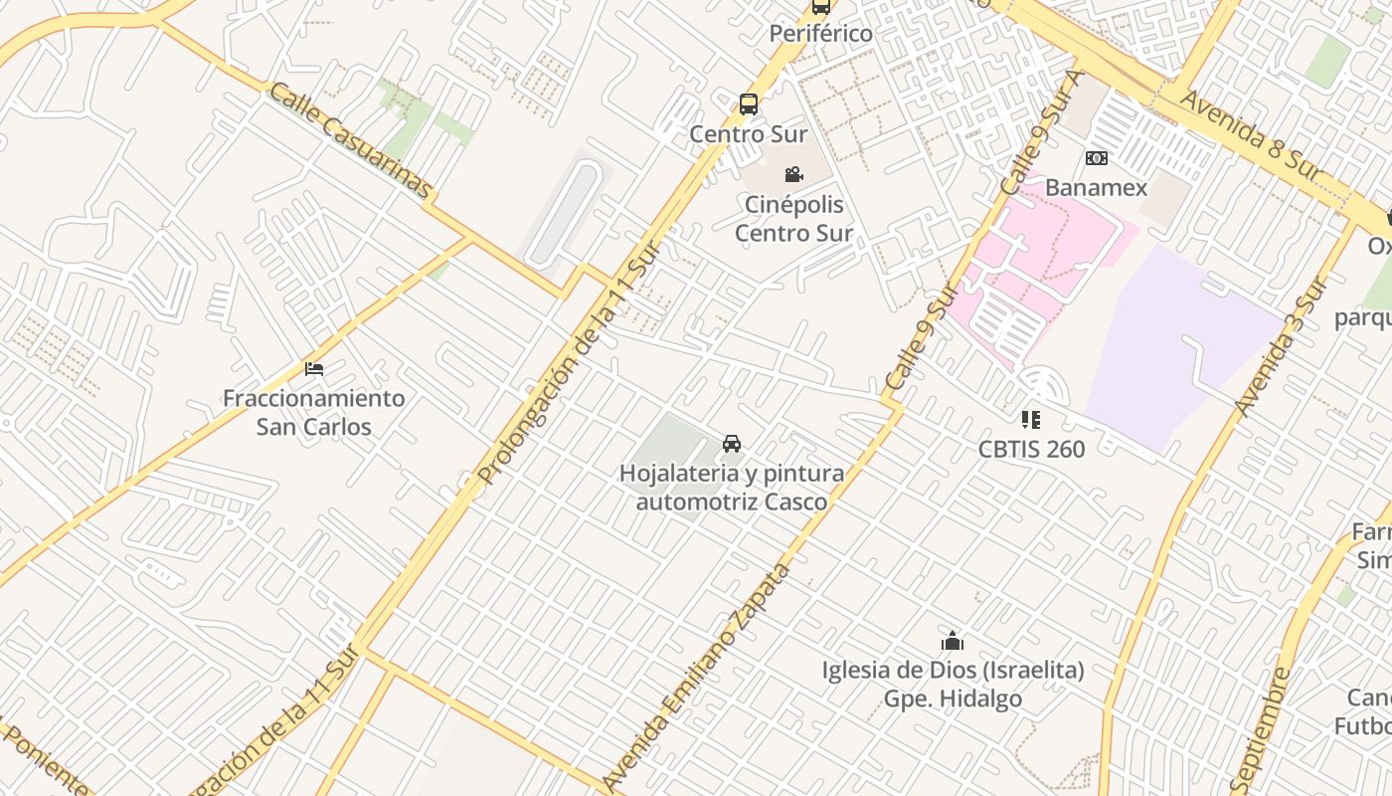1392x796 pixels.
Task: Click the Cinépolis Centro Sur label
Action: (793, 219)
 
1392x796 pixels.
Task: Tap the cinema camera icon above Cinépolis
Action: (793, 175)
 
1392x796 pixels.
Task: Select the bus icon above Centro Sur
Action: (749, 103)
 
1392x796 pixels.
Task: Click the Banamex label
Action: (1096, 187)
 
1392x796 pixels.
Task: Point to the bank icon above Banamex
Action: (1096, 158)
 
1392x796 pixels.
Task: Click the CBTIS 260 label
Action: (1031, 449)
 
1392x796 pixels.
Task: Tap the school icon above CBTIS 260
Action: (1030, 420)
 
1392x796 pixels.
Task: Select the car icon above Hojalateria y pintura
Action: (732, 443)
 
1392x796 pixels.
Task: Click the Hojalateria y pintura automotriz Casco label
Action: (732, 487)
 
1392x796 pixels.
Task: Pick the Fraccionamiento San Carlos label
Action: (313, 412)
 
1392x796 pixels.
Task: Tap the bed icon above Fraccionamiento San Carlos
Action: (314, 369)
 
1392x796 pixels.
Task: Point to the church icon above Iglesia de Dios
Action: (953, 641)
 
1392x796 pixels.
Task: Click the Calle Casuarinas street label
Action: (351, 140)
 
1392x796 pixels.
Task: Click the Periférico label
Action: (820, 34)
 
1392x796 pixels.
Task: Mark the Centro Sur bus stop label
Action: (749, 133)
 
